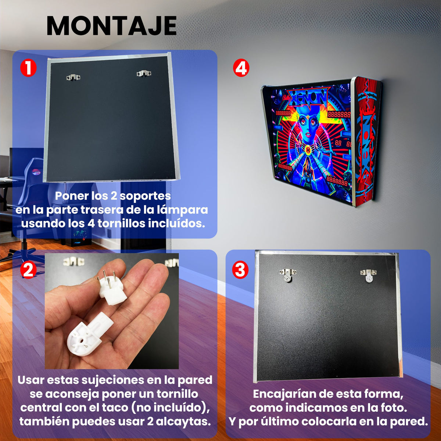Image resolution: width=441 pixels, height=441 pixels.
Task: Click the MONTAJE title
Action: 112,26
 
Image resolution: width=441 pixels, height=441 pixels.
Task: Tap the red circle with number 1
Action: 28,68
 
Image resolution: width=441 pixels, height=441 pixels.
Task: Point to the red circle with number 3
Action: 240,270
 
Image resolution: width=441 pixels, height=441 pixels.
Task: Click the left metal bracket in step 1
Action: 73,77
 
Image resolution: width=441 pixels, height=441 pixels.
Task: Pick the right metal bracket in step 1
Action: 144,73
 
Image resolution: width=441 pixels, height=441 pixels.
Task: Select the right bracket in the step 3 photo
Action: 368,275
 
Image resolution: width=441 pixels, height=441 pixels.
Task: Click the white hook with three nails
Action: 112,287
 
